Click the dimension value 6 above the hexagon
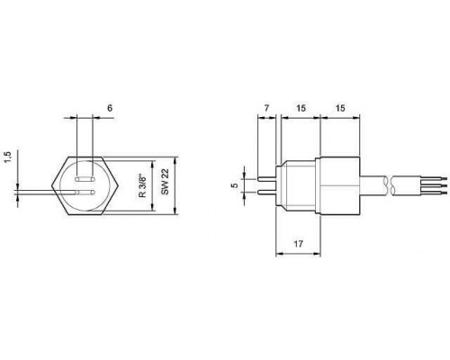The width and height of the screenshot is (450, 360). (x=110, y=108)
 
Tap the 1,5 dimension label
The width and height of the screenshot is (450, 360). (x=7, y=157)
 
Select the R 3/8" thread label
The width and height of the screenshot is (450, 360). (x=143, y=186)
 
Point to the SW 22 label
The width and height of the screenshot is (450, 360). (x=165, y=182)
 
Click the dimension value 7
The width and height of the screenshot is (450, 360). (x=266, y=107)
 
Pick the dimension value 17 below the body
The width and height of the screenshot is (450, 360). (x=298, y=244)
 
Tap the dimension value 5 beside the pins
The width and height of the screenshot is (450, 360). (x=236, y=185)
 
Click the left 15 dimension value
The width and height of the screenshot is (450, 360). (x=301, y=108)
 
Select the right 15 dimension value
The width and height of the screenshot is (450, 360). (x=340, y=108)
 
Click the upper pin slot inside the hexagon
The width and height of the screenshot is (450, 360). (x=85, y=179)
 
